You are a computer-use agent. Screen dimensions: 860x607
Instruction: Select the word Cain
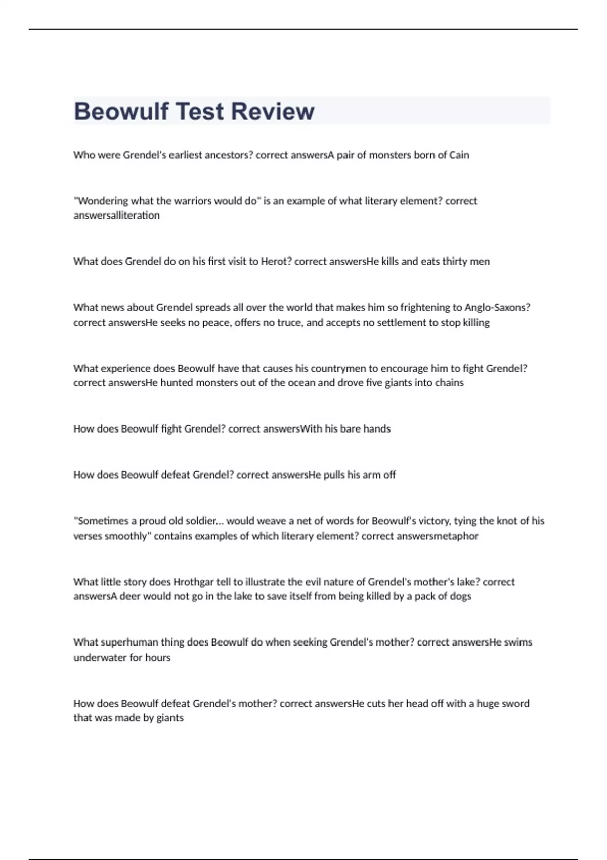click(x=459, y=155)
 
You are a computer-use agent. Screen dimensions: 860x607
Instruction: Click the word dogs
click(x=460, y=596)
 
